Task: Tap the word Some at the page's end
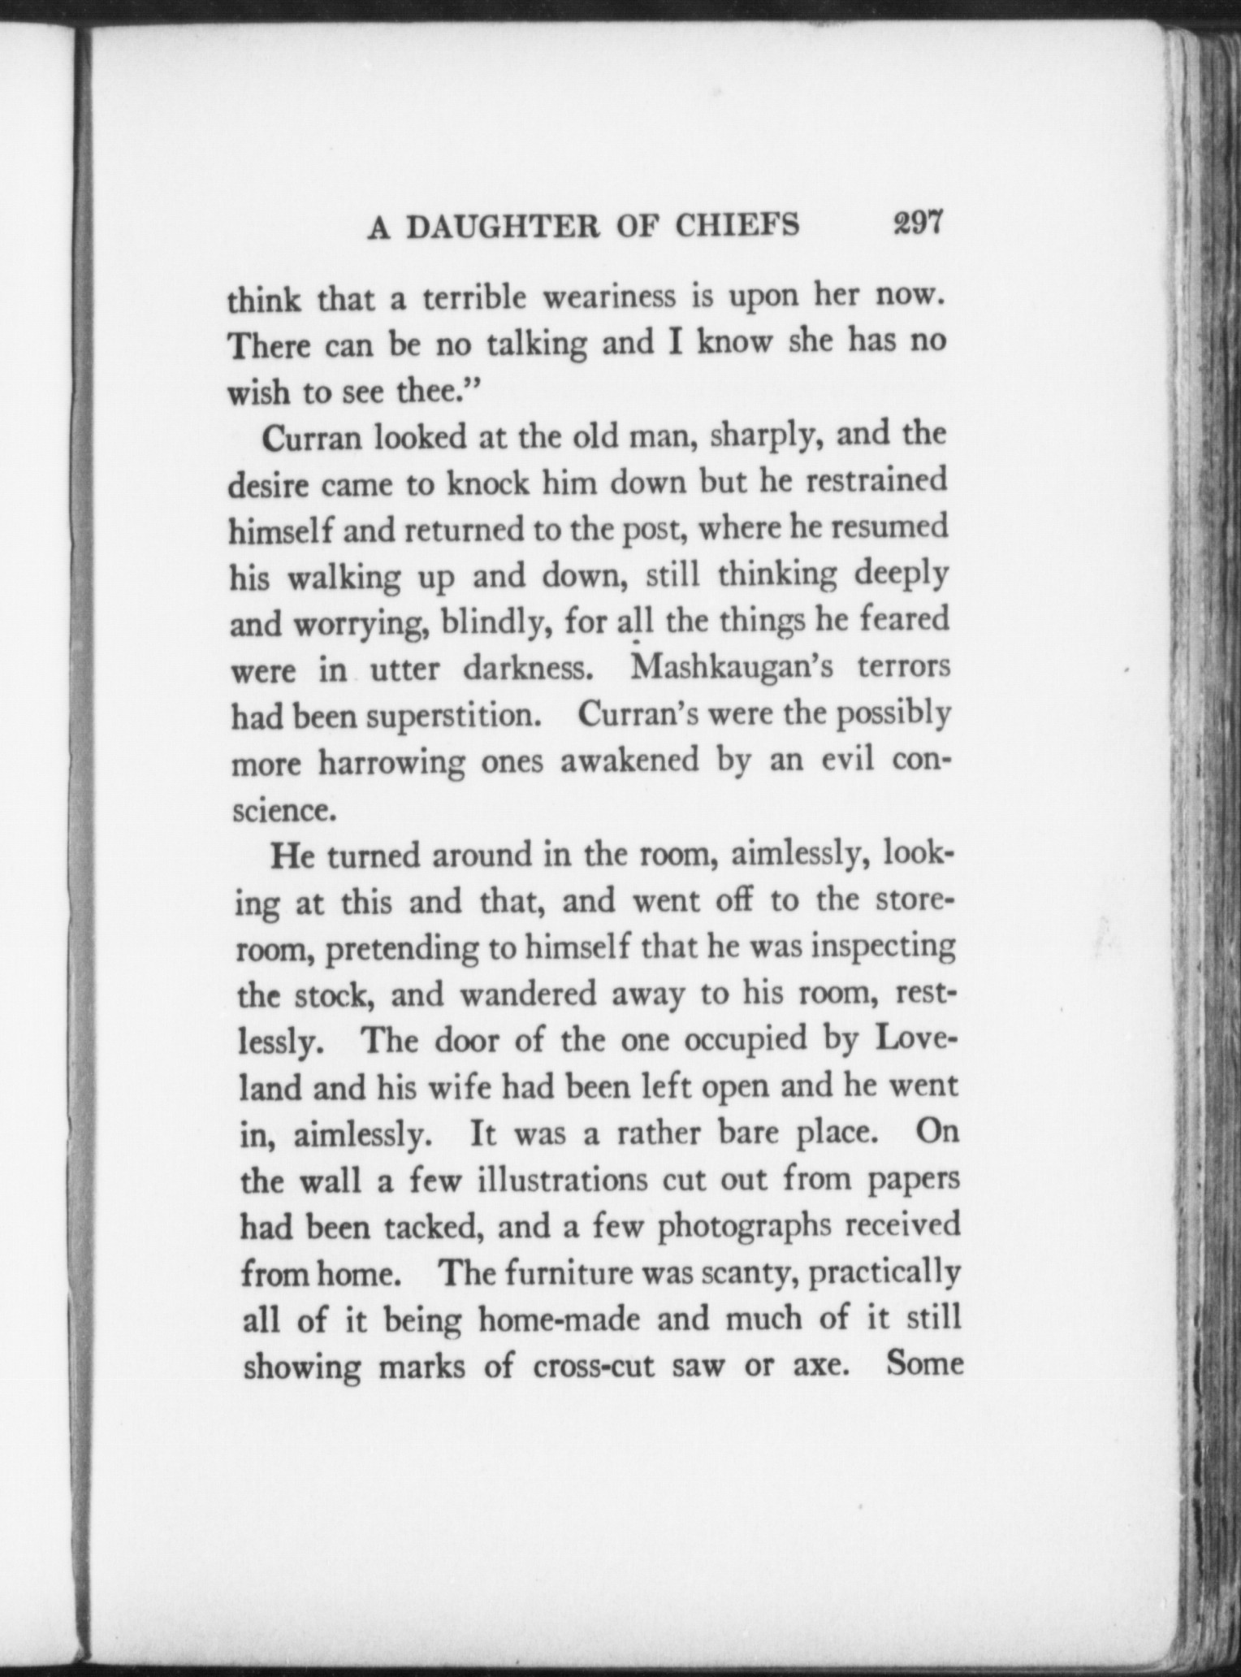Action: click(x=924, y=1363)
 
